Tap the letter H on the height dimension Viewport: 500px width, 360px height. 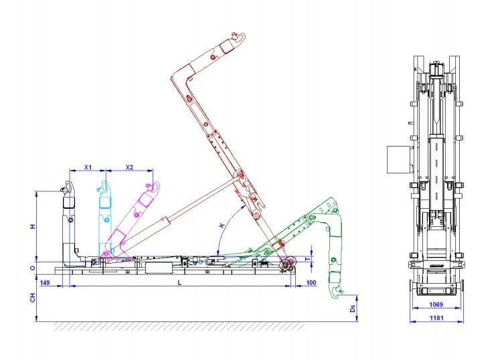coord(32,226)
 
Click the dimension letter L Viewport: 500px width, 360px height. coord(179,283)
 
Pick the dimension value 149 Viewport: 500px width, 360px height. coord(46,283)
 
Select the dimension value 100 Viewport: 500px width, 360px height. coord(311,283)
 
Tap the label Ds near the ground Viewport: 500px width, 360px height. coord(353,308)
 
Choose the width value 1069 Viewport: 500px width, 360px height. coord(434,304)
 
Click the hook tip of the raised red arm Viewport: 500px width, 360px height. coord(235,38)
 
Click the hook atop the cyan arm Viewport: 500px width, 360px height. coord(104,184)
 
